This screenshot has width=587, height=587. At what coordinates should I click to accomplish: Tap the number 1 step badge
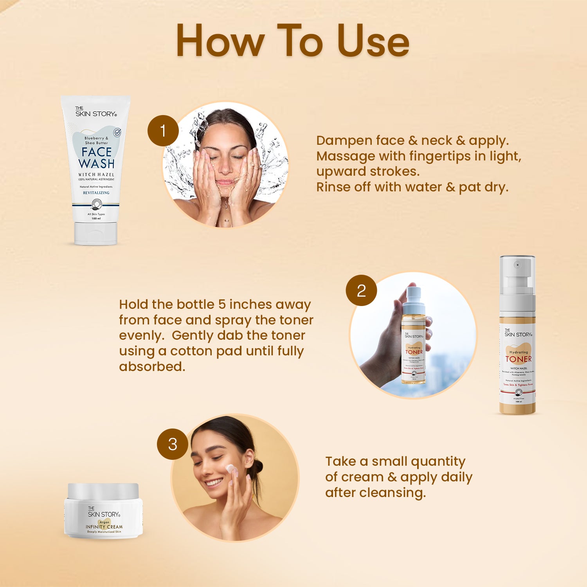pyautogui.click(x=163, y=131)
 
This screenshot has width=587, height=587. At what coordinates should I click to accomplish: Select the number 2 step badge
pyautogui.click(x=361, y=290)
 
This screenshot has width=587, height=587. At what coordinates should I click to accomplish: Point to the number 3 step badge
pyautogui.click(x=173, y=444)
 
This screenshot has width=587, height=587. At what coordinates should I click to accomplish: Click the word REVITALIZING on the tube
pyautogui.click(x=96, y=193)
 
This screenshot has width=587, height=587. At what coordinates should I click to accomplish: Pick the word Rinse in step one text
pyautogui.click(x=333, y=187)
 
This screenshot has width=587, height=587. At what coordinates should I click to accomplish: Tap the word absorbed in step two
pyautogui.click(x=151, y=366)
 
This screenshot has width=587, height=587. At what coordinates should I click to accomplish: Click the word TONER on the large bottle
pyautogui.click(x=518, y=359)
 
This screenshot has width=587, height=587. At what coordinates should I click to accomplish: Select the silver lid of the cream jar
pyautogui.click(x=103, y=491)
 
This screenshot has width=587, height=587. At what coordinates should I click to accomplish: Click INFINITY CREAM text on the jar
pyautogui.click(x=104, y=527)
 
